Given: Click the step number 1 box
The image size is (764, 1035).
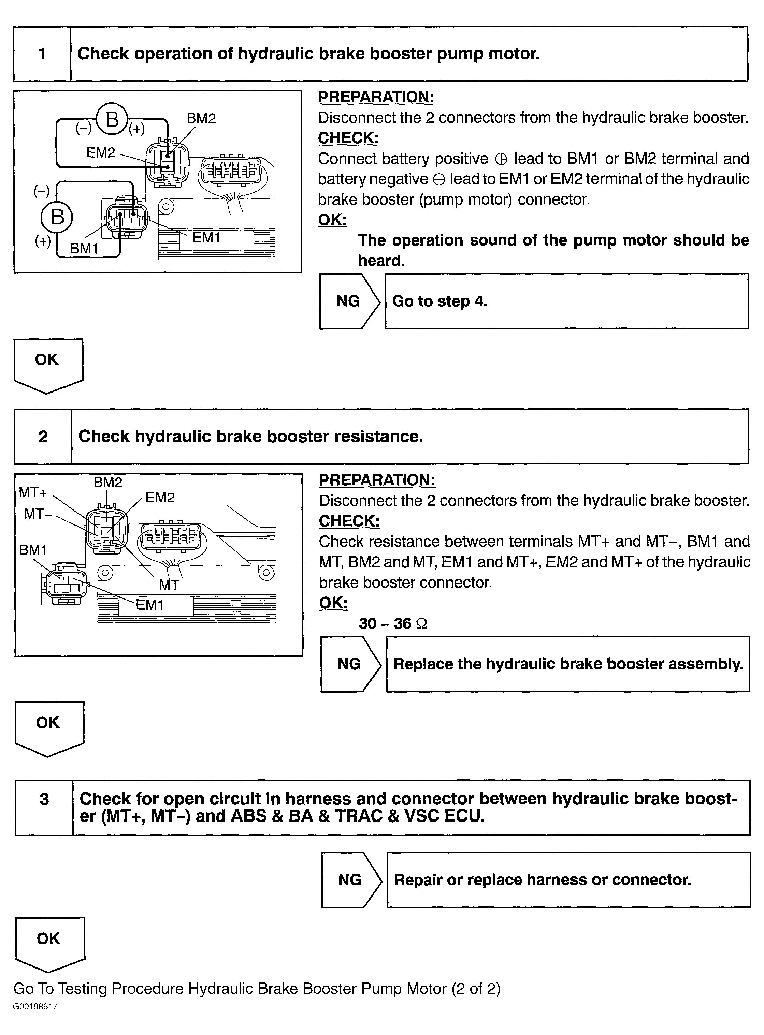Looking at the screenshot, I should click(42, 54).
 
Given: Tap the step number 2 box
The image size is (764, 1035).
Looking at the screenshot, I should click(43, 437).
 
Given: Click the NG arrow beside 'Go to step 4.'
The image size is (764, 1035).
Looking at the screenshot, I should click(349, 301).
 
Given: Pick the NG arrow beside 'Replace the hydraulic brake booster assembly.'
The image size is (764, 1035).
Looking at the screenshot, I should click(350, 664).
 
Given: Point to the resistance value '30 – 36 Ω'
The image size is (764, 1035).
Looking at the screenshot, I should click(393, 624).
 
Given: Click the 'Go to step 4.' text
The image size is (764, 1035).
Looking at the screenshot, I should click(439, 301).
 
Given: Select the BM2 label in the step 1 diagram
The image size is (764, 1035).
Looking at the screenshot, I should click(201, 118).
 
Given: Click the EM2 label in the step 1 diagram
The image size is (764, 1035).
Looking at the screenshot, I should click(100, 152).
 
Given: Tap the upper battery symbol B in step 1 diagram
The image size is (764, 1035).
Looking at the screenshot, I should click(112, 119).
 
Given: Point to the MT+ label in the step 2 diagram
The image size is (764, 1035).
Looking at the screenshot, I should click(32, 493).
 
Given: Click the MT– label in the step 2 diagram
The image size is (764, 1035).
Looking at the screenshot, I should click(38, 514).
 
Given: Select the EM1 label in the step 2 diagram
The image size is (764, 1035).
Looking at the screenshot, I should click(149, 605).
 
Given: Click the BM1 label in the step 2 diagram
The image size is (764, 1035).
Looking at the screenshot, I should click(33, 550).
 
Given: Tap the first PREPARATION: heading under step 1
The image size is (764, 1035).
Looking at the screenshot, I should click(376, 97).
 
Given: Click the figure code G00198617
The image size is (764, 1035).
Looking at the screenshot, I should click(35, 1006).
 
